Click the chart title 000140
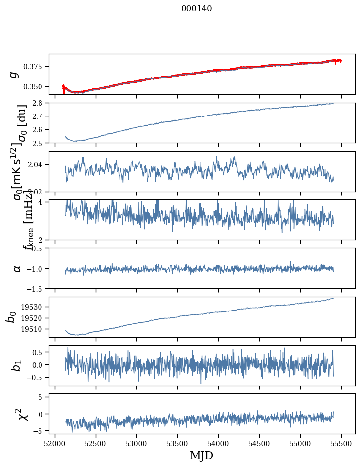tap(197, 8)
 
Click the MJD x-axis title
tap(201, 455)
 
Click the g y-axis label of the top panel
tap(15, 74)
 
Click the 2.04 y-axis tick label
tap(38, 164)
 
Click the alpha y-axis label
tap(17, 268)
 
